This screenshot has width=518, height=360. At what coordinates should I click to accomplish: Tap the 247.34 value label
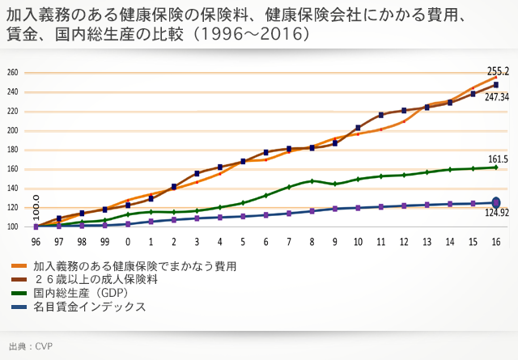click(x=497, y=96)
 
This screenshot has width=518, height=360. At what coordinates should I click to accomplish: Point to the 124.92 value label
click(x=496, y=213)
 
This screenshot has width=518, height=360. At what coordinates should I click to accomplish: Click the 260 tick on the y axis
click(x=12, y=73)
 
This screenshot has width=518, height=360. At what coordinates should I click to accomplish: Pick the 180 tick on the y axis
click(x=12, y=150)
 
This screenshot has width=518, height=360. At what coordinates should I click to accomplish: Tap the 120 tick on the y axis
click(x=12, y=207)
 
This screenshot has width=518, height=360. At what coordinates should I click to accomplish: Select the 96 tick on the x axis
click(x=36, y=241)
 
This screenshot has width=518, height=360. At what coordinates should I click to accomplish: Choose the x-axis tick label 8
click(x=312, y=241)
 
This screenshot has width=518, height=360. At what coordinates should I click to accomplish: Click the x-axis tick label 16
click(x=495, y=241)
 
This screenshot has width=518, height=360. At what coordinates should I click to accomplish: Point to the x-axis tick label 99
click(x=104, y=241)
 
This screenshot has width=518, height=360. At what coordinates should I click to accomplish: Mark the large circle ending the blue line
click(x=496, y=202)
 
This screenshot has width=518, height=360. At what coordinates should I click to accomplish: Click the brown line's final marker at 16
click(x=496, y=85)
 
